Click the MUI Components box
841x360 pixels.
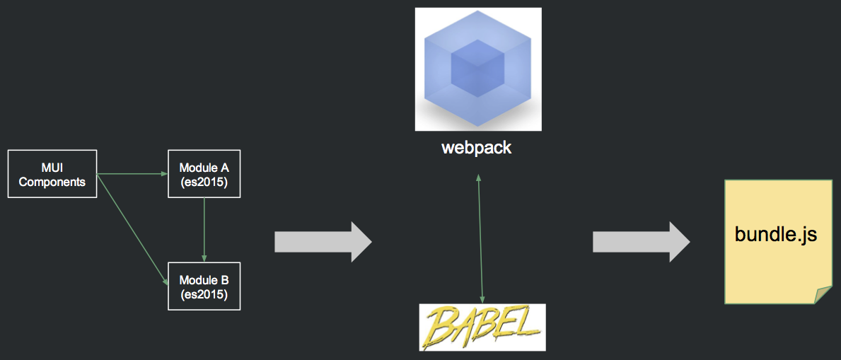pos(52,173)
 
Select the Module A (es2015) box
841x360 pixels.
pos(204,173)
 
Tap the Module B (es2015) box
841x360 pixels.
pos(204,286)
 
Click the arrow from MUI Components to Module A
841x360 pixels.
pos(132,173)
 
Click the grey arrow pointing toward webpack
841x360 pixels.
pos(323,242)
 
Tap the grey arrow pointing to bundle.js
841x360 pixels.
pos(641,242)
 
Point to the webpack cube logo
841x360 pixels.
pos(478,69)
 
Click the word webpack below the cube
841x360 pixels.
pos(476,148)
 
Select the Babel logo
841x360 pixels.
pos(482,327)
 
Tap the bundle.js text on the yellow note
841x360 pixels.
pos(776,234)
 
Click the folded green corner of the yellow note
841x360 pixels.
pos(823,295)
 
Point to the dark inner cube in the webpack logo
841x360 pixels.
pos(477,69)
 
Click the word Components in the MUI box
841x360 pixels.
pos(52,182)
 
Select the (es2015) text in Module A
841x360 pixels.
pos(204,182)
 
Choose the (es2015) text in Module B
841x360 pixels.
pos(204,294)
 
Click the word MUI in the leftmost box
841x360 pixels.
pos(52,168)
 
